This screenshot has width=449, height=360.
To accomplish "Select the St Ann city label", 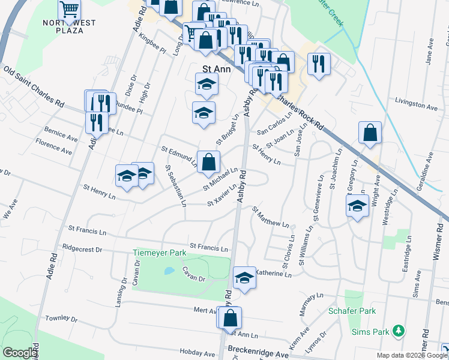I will pos(217,69).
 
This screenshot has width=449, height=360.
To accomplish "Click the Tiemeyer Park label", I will pos(160,253).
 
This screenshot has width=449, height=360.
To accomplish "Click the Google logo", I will pos(20,353).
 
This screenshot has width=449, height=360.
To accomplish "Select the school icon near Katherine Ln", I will pos(244,277).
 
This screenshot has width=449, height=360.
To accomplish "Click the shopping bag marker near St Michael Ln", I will pos(208,162).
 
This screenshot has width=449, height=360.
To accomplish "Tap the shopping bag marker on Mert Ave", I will pos(229,317).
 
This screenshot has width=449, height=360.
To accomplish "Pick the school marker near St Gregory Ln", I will pos(357,206).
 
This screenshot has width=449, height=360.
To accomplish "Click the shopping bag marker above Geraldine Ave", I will pos(370,133).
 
